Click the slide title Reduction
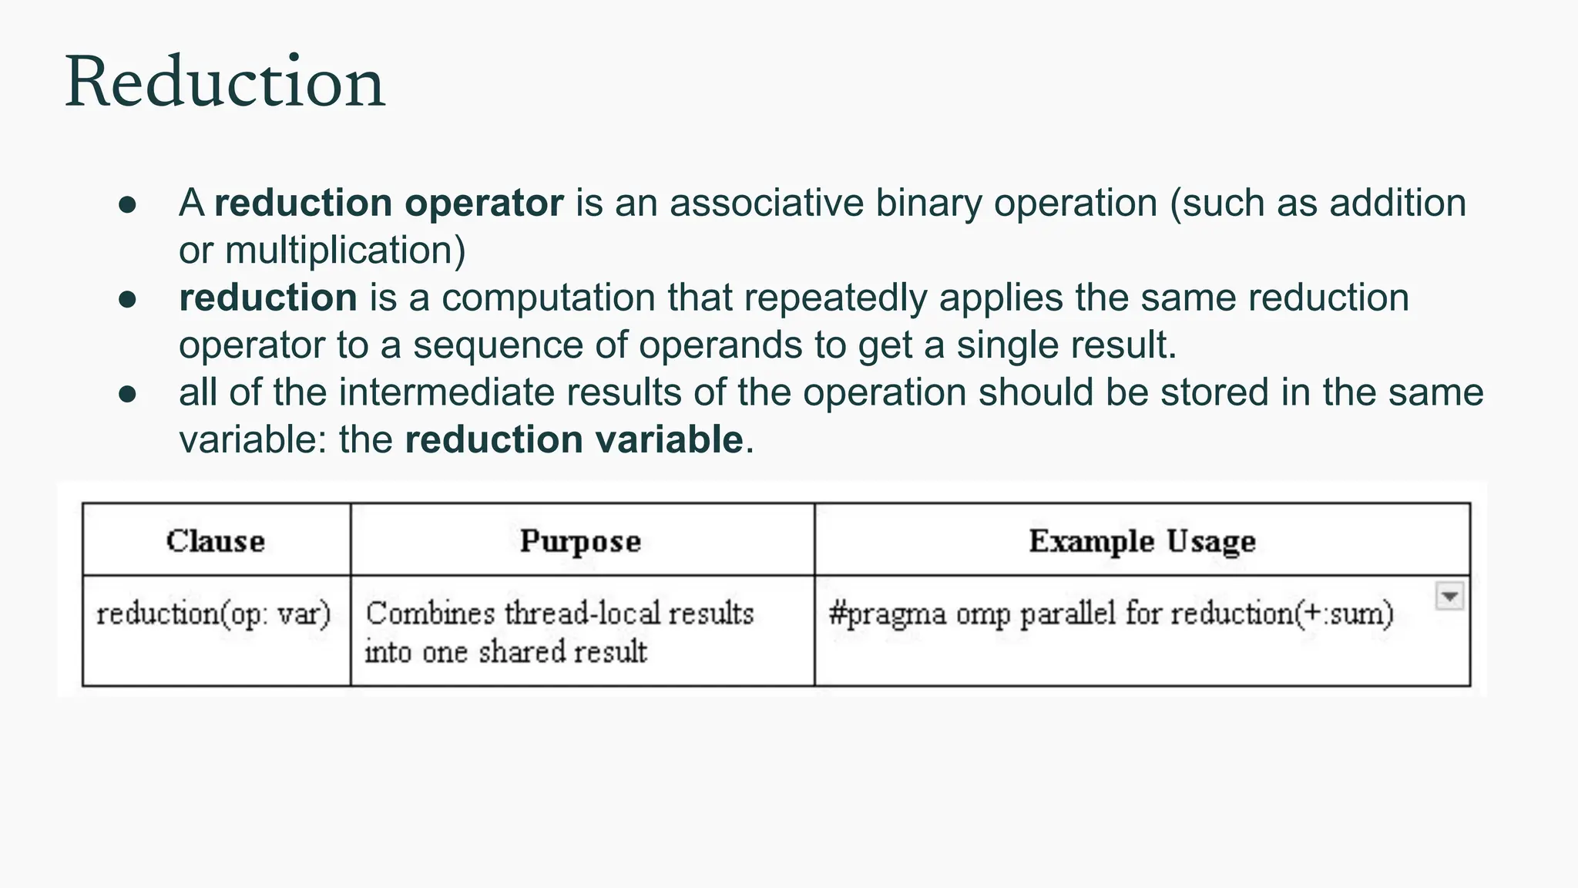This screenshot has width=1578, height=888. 224,82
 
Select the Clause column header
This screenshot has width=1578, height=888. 216,541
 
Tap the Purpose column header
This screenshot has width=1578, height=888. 580,541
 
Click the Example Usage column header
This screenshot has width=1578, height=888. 1142,541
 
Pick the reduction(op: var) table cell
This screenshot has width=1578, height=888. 213,614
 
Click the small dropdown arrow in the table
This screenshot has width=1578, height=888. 1449,597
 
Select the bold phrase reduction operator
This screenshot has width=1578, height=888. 389,203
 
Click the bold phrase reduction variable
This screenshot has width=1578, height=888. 574,439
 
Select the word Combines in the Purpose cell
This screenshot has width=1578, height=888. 430,614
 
